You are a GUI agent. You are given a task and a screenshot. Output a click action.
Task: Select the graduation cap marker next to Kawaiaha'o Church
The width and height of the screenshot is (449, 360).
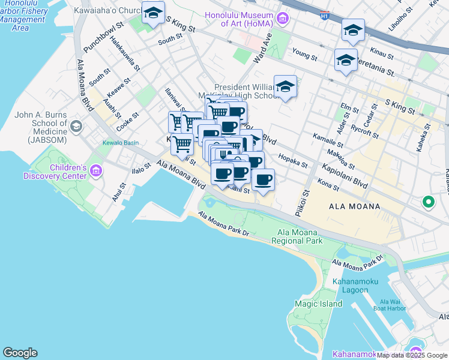point(153,13)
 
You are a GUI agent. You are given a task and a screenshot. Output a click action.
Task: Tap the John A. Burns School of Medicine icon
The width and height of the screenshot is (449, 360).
point(76,126)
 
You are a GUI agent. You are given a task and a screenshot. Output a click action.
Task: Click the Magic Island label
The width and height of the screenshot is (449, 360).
point(318,304)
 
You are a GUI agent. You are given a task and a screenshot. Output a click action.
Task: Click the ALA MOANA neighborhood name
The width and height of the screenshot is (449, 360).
point(354,206)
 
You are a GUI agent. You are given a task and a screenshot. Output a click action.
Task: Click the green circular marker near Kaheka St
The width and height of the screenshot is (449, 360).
point(428,202)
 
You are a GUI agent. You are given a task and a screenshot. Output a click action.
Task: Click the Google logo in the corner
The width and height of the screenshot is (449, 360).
point(20,353)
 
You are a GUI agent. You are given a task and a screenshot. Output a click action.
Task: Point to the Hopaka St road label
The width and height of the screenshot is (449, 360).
point(293,161)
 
